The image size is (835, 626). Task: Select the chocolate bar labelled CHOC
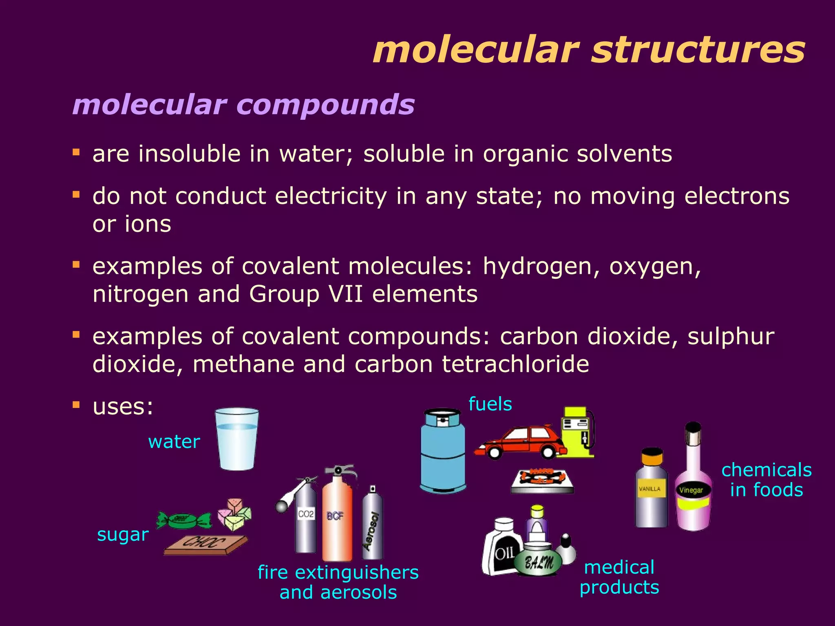206,544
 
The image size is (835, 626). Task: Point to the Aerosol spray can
372,526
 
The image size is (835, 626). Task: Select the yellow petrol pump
577,432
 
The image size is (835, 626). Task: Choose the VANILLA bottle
651,489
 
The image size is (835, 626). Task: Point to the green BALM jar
538,560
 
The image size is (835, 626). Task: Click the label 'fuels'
490,404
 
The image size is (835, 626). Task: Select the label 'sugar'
123,535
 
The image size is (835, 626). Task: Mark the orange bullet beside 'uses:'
76,405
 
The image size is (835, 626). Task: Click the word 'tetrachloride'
515,364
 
